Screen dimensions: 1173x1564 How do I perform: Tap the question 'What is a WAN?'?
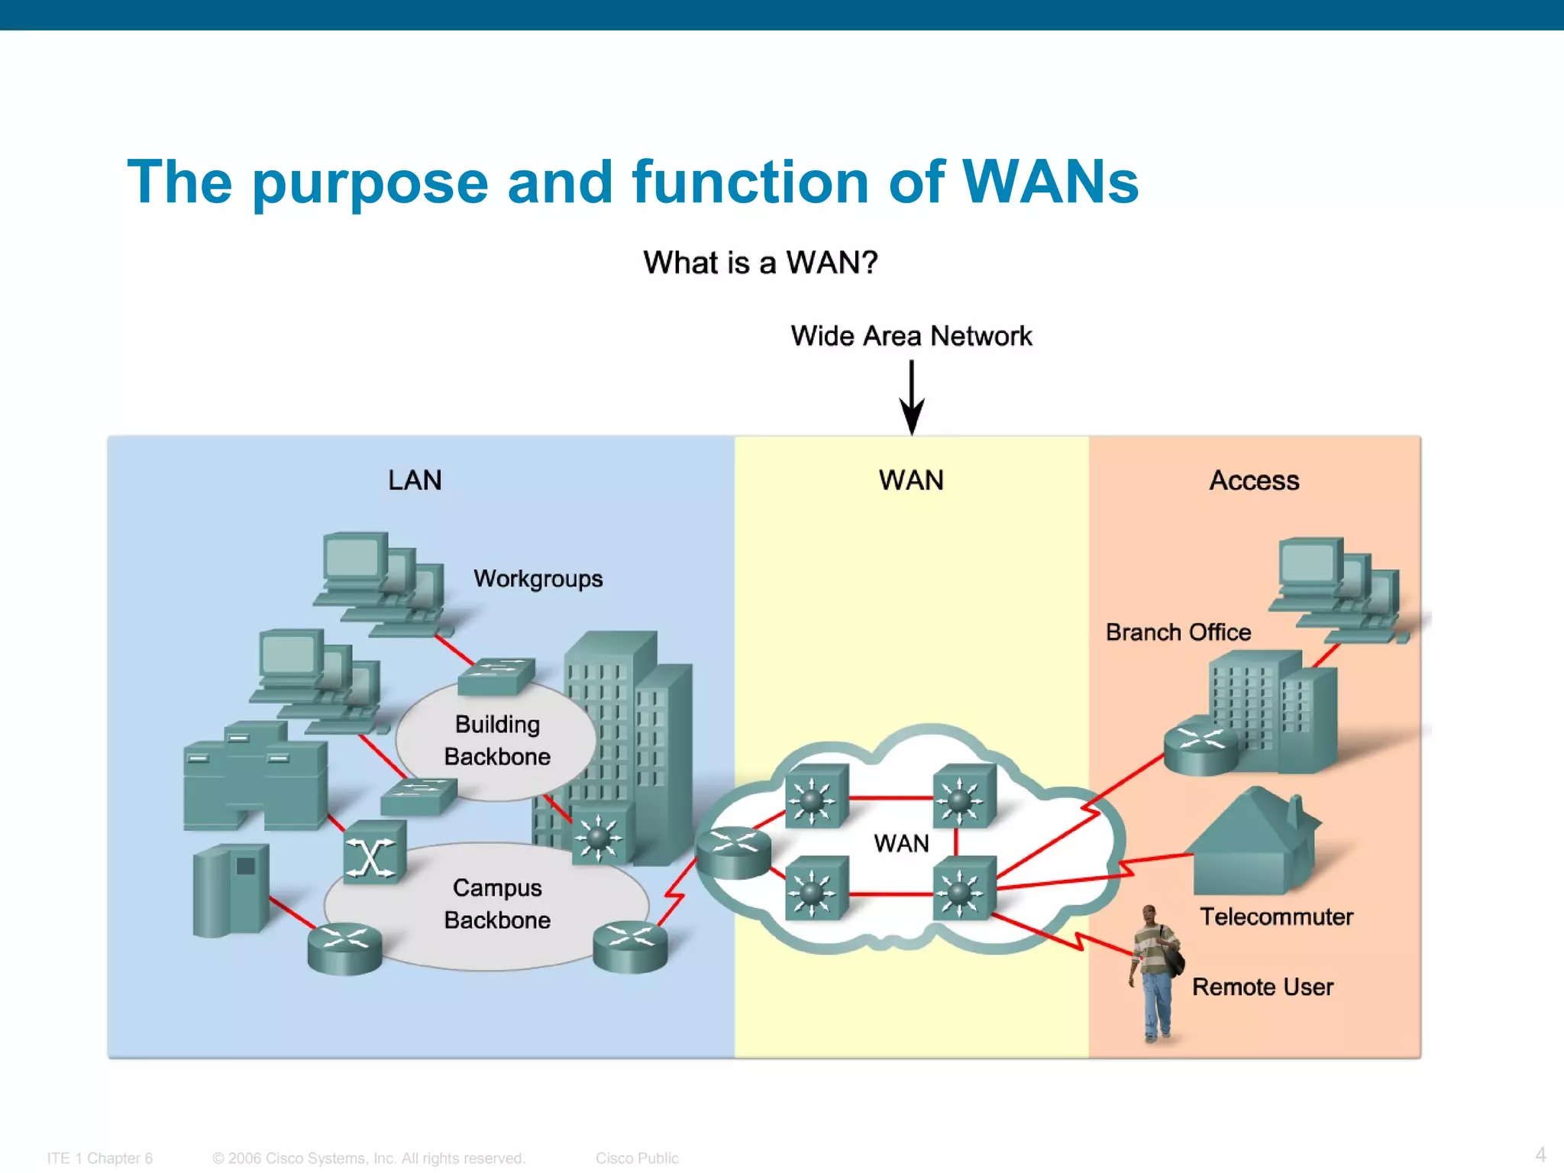tap(760, 263)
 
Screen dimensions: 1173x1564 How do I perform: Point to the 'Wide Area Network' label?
tap(911, 336)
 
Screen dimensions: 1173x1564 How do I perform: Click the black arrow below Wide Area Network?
tap(912, 397)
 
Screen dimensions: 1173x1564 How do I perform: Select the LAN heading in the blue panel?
tap(415, 480)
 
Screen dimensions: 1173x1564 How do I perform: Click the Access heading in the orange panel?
tap(1254, 480)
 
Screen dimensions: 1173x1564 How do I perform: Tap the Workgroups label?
tap(538, 579)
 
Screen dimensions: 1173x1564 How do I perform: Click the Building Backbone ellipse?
tap(496, 741)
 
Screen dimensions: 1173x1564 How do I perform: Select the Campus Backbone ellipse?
tap(496, 905)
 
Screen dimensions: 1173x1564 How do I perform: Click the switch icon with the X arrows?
tap(373, 853)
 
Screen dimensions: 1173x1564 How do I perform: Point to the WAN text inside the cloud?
tap(901, 843)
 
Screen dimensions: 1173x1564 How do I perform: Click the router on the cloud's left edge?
tap(733, 851)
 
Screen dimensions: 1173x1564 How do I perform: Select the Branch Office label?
tap(1178, 632)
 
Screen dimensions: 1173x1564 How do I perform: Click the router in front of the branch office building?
tap(1200, 745)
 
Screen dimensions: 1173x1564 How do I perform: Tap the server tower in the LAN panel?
tap(231, 890)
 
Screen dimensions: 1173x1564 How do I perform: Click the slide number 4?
tap(1540, 1155)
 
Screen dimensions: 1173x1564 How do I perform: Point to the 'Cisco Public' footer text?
tap(637, 1158)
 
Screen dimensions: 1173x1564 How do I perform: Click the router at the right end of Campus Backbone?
tap(630, 946)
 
